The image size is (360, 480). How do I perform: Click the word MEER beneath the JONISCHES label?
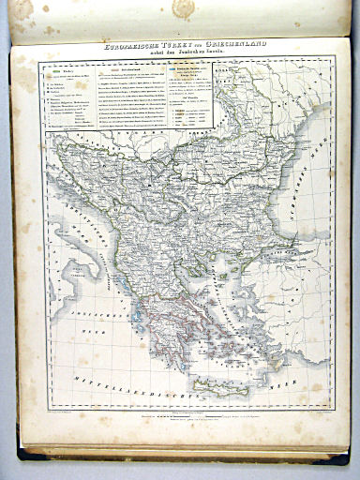click(94, 330)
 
